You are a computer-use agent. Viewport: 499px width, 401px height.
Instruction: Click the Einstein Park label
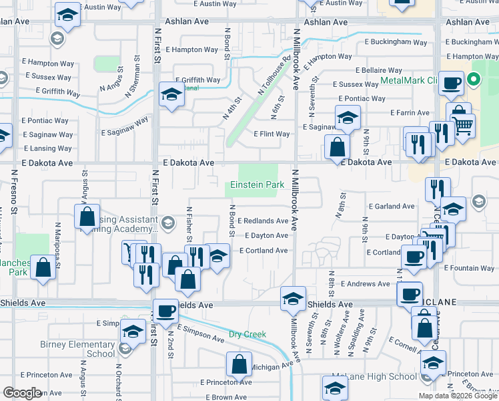click(254, 185)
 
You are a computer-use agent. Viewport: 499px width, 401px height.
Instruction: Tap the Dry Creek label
click(247, 334)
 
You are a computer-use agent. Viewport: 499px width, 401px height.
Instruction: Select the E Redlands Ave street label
click(263, 221)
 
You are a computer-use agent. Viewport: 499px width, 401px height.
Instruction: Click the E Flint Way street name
click(272, 134)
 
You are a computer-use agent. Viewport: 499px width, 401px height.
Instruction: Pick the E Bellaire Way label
click(379, 70)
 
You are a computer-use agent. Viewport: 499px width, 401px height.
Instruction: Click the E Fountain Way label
click(469, 268)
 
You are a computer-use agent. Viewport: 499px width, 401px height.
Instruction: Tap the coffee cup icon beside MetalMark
click(452, 84)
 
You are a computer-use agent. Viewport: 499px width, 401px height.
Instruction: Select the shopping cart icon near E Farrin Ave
click(462, 124)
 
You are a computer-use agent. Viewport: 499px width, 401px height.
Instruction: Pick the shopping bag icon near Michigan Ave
click(238, 364)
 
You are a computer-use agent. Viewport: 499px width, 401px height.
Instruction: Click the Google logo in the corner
click(22, 393)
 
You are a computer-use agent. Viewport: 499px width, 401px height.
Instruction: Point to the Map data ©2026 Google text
click(457, 396)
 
